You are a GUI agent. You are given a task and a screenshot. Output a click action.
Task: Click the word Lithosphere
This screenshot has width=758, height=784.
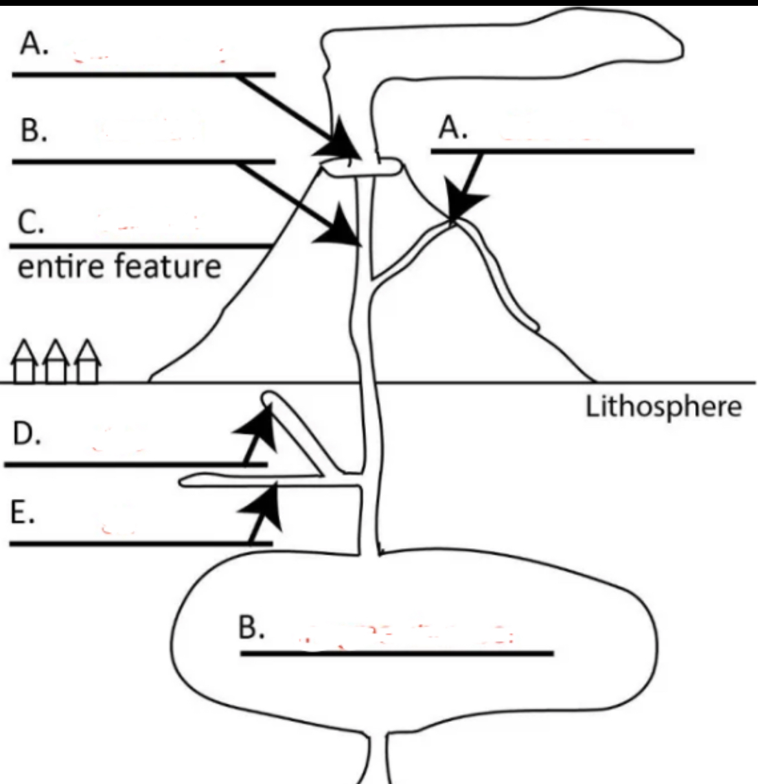point(663,408)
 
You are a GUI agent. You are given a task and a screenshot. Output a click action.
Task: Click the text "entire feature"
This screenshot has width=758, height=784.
point(119,266)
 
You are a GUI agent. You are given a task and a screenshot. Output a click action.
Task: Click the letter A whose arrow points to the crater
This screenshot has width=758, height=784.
point(34,44)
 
